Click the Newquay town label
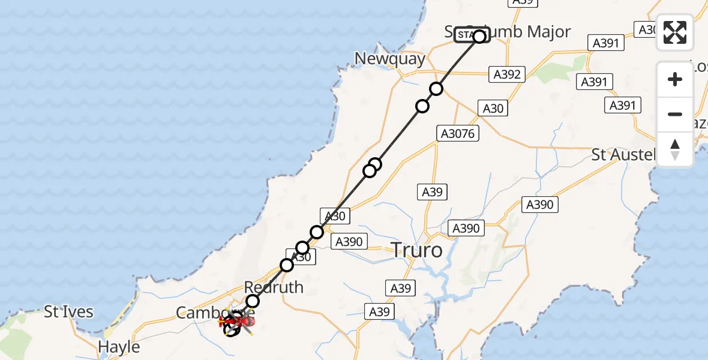[x=389, y=59]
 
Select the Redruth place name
[x=274, y=287]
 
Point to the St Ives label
[x=69, y=312]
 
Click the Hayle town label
[x=119, y=347]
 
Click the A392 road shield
[x=507, y=74]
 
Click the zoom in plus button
[x=675, y=79]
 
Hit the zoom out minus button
[x=675, y=114]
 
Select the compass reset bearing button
[x=675, y=149]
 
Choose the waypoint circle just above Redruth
[x=253, y=301]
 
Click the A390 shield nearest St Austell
[x=539, y=204]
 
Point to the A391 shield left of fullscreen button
[x=605, y=43]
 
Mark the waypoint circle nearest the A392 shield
[x=436, y=89]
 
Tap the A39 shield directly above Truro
[x=431, y=192]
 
